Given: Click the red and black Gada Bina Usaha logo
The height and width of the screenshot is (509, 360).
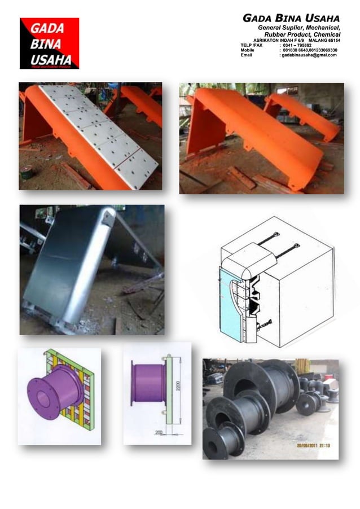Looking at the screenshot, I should pyautogui.click(x=49, y=43).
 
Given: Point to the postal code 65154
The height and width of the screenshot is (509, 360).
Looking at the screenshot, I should pyautogui.click(x=332, y=40).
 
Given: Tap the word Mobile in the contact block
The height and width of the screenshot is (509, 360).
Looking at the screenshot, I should pyautogui.click(x=248, y=50).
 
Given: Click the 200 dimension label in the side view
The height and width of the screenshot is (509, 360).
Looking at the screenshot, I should pyautogui.click(x=160, y=432).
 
